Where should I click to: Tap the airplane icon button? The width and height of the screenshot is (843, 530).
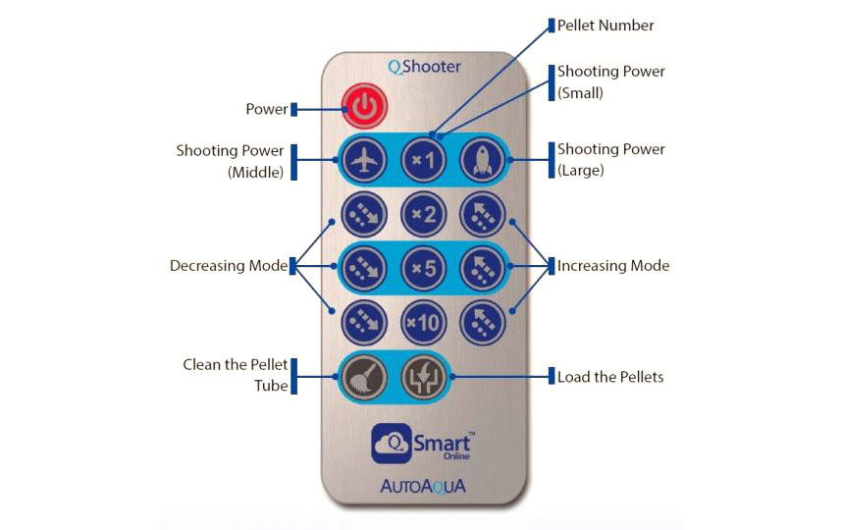tap(364, 160)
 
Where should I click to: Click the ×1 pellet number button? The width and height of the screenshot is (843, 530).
tap(424, 160)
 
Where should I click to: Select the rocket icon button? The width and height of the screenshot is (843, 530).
tap(482, 160)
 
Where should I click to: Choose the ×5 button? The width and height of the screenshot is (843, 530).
tap(424, 268)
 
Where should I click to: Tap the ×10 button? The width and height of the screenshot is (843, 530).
tap(424, 323)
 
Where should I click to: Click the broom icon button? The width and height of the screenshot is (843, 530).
tap(364, 377)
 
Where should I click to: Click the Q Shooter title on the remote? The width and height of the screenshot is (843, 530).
tap(424, 67)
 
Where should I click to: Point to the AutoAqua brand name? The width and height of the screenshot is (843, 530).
tap(423, 486)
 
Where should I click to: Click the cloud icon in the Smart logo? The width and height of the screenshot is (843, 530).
tap(392, 444)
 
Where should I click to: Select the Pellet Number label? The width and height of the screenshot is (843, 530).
tap(606, 26)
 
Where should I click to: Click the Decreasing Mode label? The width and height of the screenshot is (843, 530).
tap(229, 266)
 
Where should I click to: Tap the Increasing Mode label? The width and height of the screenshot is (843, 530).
tap(613, 266)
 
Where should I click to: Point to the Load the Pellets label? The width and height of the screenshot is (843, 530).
tap(610, 377)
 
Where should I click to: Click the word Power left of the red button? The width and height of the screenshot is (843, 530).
tap(267, 109)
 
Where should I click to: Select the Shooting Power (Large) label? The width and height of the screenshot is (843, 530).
tap(610, 160)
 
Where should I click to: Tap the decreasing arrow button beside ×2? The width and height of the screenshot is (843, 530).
tap(364, 214)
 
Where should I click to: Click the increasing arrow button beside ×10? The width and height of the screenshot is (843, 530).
tap(482, 323)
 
